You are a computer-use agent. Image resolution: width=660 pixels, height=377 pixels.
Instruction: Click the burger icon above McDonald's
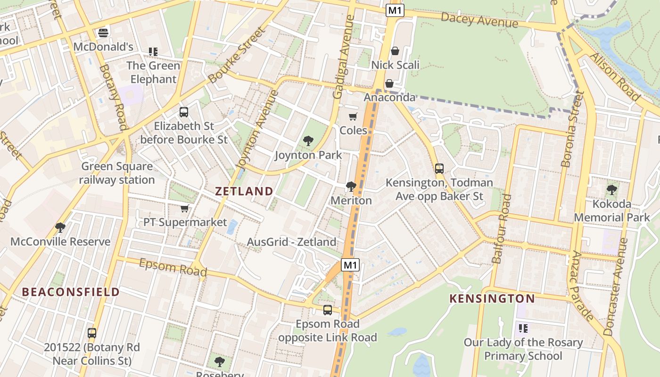[103, 33]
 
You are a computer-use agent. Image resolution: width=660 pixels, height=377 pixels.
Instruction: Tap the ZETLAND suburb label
[244, 191]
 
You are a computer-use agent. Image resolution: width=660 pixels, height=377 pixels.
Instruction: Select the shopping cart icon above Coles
[353, 116]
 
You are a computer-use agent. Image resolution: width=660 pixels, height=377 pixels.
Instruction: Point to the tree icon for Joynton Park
[308, 140]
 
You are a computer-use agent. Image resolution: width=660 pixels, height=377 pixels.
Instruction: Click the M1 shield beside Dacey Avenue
[395, 10]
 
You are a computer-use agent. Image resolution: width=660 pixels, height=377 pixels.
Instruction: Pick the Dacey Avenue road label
[479, 20]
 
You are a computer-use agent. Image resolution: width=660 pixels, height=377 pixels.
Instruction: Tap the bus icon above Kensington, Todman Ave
[439, 168]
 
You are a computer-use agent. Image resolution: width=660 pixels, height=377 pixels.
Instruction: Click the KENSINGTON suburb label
[492, 298]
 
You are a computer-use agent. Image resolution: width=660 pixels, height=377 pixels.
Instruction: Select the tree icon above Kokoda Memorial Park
[611, 190]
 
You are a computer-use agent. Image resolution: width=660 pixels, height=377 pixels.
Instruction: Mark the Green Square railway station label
[116, 173]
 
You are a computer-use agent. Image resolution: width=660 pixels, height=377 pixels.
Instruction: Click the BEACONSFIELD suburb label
[71, 292]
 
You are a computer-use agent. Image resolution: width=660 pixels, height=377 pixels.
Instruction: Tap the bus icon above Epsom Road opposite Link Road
[328, 310]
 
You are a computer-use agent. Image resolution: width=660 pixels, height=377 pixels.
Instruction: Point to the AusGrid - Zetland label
[292, 242]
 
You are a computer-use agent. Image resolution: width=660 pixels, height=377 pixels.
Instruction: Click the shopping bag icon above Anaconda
[389, 83]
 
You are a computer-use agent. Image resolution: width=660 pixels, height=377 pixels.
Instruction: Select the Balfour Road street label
[501, 229]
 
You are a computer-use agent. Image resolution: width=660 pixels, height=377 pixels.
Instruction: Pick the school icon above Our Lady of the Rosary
[523, 328]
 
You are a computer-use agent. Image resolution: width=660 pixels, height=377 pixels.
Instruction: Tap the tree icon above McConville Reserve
[60, 228]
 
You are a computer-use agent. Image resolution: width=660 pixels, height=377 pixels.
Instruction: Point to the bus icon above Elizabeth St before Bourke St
[184, 112]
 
